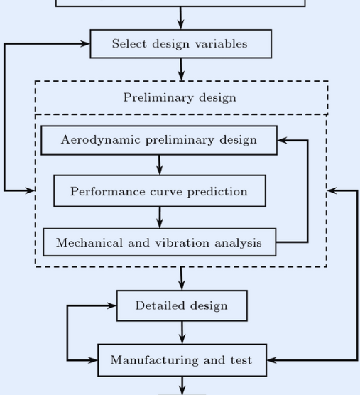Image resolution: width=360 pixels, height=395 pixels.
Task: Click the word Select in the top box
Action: (x=129, y=43)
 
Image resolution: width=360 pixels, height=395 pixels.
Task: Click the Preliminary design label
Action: (x=180, y=98)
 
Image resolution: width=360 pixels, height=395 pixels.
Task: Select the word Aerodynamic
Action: (x=100, y=139)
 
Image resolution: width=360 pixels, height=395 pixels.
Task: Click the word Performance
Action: (x=108, y=191)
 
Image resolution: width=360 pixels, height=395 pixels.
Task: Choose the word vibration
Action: (x=182, y=242)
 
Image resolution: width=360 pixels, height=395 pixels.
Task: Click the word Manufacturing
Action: (x=154, y=360)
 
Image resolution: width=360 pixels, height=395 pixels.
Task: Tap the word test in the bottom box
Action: (x=241, y=360)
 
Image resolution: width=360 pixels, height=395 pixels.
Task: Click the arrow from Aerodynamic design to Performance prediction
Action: (x=159, y=165)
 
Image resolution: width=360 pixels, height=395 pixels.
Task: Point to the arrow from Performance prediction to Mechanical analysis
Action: (x=160, y=217)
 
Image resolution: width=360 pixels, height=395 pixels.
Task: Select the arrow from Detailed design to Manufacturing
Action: (x=182, y=332)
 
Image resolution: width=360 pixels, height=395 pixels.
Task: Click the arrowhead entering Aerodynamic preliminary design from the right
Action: (x=282, y=140)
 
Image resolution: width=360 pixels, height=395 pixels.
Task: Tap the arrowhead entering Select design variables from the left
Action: (x=84, y=44)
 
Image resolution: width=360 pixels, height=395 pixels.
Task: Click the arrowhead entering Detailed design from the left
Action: (x=111, y=305)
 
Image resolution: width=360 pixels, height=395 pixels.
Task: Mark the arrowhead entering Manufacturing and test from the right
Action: (x=272, y=360)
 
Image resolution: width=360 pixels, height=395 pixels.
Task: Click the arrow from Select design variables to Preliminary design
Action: (x=181, y=70)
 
